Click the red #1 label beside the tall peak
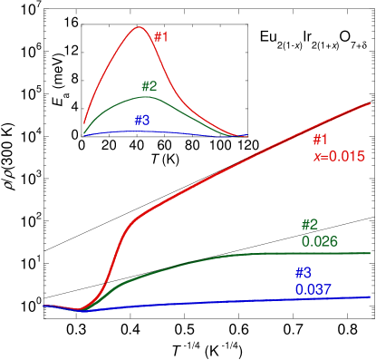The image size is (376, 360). click(x=160, y=37)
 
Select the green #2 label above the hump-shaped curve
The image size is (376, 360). click(x=149, y=87)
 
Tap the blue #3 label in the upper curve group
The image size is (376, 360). click(x=142, y=120)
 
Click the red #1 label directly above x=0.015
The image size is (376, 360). click(x=320, y=140)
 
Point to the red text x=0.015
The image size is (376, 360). click(x=339, y=156)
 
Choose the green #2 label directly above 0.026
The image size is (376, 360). click(x=310, y=225)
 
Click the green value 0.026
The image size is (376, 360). click(x=319, y=241)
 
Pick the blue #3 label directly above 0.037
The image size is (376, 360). click(x=303, y=273)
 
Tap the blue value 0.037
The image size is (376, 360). click(x=313, y=289)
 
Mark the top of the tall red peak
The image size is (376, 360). click(x=139, y=26)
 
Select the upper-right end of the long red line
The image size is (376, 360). click(x=370, y=104)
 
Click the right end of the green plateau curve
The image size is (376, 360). click(x=370, y=253)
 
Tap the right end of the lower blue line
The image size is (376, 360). click(x=370, y=297)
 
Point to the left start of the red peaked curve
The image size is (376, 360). click(x=84, y=123)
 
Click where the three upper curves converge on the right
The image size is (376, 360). click(x=243, y=136)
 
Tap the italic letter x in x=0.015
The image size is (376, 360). click(x=316, y=156)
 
